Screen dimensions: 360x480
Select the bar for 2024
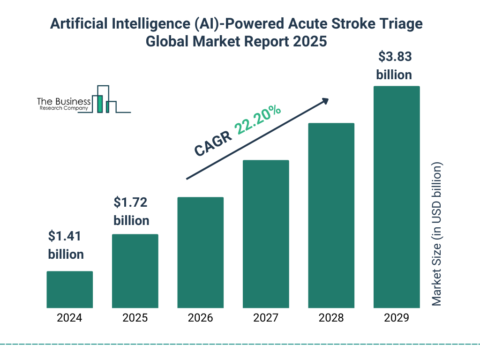pos(69,289)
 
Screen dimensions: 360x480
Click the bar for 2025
pos(135,271)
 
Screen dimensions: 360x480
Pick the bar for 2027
pos(266,234)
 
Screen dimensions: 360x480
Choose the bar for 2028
pos(331,215)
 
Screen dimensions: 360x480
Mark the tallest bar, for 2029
pos(397,197)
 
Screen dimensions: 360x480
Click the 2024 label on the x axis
pos(69,318)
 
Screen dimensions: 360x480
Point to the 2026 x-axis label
pos(200,318)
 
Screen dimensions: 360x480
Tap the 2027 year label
pos(266,318)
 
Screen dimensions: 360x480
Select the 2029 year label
pos(397,318)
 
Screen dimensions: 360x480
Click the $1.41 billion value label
pos(66,245)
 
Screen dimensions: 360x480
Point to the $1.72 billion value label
pos(131,211)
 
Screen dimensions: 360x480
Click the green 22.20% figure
pos(258,120)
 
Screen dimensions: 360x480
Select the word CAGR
pos(213,143)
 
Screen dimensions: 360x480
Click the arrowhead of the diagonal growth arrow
pos(325,101)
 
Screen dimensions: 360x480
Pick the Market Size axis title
pos(437,234)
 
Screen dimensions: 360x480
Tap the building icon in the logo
pos(106,99)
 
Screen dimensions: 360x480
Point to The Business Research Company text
pos(64,104)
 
